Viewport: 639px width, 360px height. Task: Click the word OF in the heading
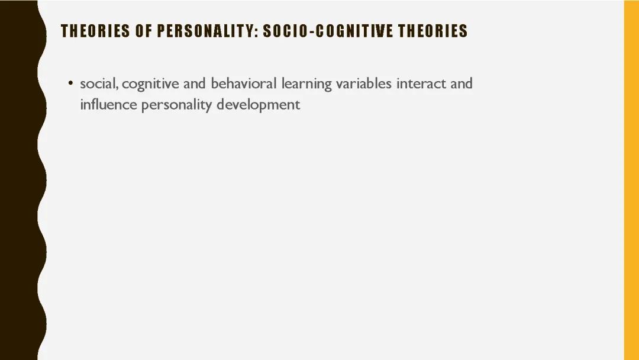coord(143,31)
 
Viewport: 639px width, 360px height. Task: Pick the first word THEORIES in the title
coord(95,31)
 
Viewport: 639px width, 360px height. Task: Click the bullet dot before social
coord(70,83)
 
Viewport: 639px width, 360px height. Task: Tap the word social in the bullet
coord(99,83)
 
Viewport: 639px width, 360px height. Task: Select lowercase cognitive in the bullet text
coord(150,84)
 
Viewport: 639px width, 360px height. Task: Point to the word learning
coord(306,84)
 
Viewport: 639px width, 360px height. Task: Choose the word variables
coord(363,83)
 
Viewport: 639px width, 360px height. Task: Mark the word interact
coord(421,83)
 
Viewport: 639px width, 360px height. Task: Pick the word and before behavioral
coord(194,83)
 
